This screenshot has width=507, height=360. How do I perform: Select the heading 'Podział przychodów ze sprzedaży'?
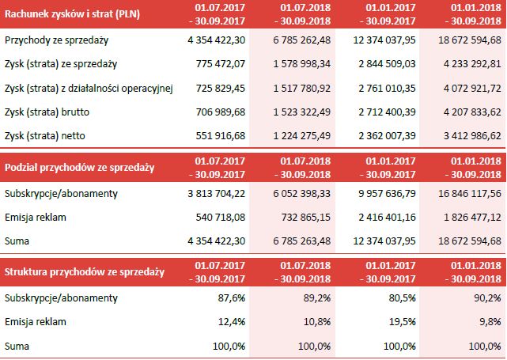(x=79, y=168)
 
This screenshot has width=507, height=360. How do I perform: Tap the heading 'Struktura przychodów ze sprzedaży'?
(x=84, y=272)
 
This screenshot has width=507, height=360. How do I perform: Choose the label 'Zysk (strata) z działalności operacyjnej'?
(x=88, y=88)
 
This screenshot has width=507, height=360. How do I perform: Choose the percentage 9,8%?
(x=490, y=322)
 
